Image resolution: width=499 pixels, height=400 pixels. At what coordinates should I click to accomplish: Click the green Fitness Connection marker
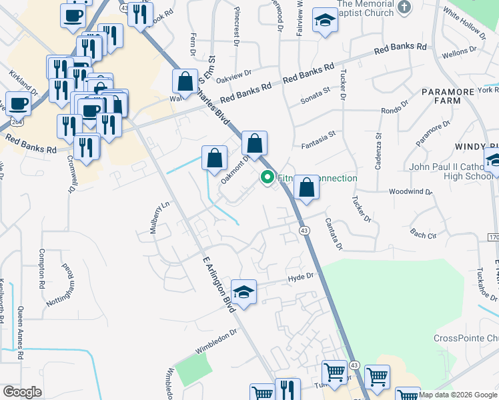pos(268,177)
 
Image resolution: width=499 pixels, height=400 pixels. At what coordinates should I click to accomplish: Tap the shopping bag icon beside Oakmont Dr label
pos(214,159)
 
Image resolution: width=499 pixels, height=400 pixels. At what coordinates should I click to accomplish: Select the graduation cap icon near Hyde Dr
pos(243,292)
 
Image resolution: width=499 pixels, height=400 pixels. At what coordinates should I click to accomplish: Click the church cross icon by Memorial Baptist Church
pos(404,7)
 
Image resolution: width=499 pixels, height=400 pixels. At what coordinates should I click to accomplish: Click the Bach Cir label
pos(423,234)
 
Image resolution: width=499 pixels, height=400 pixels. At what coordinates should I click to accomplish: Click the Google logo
pos(22,391)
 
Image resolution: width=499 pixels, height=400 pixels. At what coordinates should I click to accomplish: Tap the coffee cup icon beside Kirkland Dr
pos(18,104)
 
